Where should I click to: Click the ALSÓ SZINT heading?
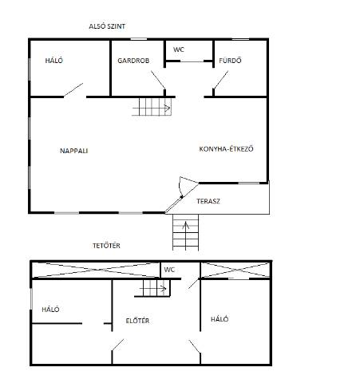point(107,26)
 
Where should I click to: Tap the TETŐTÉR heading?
point(106,246)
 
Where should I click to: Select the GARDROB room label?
point(133,61)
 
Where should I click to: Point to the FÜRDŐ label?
point(230,61)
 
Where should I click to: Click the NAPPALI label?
point(74,151)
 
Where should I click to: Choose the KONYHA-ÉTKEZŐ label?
point(226,148)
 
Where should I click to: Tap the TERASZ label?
point(208,201)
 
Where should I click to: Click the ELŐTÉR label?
point(137,321)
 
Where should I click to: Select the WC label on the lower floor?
point(179,49)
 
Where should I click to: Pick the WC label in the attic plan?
point(169,270)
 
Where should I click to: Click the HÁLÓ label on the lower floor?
point(54,61)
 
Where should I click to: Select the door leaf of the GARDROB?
point(158,80)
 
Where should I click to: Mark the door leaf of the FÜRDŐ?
point(221,80)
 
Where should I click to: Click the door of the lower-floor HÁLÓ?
point(73,89)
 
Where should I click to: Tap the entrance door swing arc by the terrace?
point(180,188)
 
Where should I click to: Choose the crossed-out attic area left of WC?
point(96,270)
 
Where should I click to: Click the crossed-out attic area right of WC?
point(235,270)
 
